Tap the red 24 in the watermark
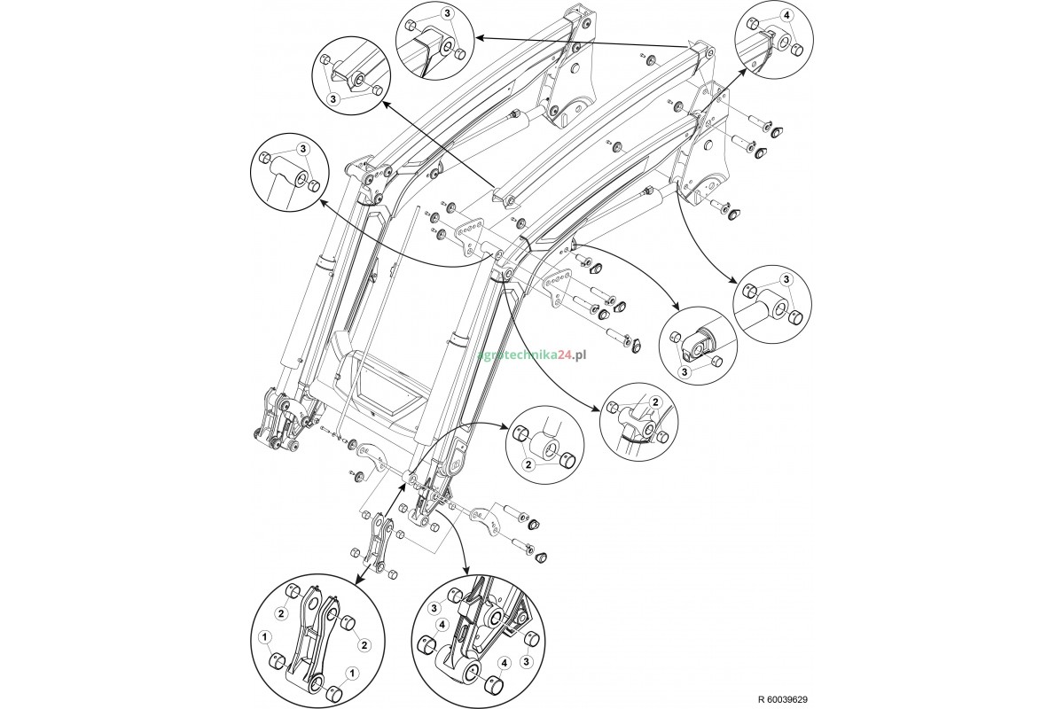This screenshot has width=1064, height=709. pyautogui.click(x=562, y=354)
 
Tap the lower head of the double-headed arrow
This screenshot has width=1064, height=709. pyautogui.click(x=359, y=580)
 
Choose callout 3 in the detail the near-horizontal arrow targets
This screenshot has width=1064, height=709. pyautogui.click(x=447, y=14)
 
